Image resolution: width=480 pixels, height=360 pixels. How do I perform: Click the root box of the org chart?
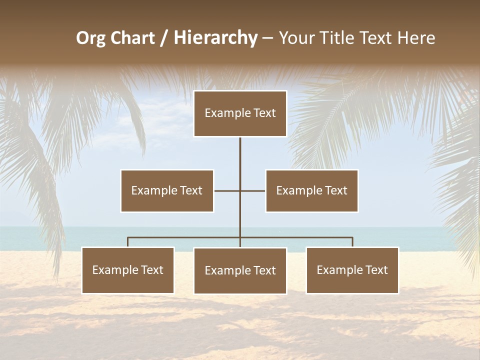(x=240, y=113)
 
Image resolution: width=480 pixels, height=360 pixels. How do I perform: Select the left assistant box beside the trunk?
(x=167, y=190)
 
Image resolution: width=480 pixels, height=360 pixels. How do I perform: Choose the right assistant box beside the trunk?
(x=311, y=190)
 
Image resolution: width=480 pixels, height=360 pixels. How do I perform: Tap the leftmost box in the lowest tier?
(x=128, y=270)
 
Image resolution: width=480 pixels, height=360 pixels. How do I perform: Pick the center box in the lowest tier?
(x=240, y=270)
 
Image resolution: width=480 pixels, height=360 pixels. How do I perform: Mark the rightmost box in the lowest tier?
(x=352, y=270)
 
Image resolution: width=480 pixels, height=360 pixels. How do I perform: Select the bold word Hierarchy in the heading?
(x=215, y=38)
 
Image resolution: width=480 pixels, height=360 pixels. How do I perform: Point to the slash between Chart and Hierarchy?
(x=164, y=38)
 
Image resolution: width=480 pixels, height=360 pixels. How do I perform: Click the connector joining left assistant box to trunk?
(x=226, y=190)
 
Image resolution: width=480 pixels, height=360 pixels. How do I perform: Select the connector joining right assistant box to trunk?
(x=253, y=190)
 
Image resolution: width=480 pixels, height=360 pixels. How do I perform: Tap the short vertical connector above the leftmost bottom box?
(x=128, y=242)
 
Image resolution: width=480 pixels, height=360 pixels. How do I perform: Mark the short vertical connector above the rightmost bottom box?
(x=352, y=242)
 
